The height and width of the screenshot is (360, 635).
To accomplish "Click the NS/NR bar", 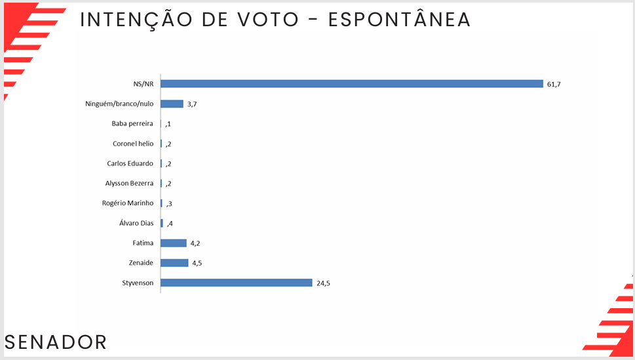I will coord(352,84).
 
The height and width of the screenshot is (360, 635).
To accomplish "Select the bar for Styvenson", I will coord(237,283).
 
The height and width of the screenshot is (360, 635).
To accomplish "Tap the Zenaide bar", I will coord(174,263).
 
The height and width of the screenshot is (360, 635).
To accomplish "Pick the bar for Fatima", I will coord(174,243).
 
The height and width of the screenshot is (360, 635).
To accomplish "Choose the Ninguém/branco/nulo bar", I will coord(172,104).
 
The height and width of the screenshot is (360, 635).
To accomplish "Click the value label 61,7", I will coord(554,85).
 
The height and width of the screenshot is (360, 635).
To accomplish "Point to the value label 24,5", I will coord(323,283).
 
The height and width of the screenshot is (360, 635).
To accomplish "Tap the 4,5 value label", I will coord(197,264).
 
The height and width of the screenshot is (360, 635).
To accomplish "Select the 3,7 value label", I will coord(192,104).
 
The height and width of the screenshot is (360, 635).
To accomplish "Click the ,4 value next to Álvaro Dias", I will coord(169,224).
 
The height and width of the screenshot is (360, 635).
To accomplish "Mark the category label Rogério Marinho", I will coord(128,203).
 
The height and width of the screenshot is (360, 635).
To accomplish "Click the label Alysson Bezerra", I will coord(129,184).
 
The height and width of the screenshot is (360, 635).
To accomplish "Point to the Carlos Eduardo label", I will coord(130,163).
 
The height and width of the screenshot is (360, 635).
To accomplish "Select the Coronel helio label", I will coord(133,144).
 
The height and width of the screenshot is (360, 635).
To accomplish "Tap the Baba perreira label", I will coord(132,123).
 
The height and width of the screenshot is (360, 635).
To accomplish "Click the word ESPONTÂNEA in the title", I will coord(399,20).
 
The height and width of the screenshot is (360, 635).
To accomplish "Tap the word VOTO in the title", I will coord(274,20).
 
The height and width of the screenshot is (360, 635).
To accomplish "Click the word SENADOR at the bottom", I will coord(56,342).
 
